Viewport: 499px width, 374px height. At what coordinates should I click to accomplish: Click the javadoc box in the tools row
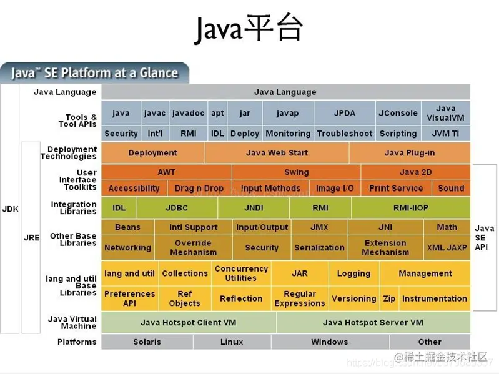188,113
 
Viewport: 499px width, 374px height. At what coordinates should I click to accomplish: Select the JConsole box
398,113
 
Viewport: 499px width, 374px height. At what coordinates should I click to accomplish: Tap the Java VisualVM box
445,113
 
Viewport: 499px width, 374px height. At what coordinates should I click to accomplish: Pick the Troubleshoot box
344,134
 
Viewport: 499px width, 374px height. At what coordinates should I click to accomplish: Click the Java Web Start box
277,153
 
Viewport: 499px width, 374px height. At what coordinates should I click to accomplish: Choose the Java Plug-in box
409,153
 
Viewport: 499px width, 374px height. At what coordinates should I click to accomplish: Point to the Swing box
296,172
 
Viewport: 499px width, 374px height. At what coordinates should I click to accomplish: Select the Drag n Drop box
199,188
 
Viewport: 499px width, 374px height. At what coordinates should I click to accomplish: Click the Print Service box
396,188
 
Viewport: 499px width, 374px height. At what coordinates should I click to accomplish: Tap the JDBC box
177,207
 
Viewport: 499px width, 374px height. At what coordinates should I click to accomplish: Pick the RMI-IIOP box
410,207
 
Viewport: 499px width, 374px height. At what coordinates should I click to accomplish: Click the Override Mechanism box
193,247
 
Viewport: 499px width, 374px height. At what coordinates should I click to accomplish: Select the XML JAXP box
447,247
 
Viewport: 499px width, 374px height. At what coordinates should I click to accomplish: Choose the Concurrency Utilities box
241,273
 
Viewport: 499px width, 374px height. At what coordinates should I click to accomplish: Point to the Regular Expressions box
300,298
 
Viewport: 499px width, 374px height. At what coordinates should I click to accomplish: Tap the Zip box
389,298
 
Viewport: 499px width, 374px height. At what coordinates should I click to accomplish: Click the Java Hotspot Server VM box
373,322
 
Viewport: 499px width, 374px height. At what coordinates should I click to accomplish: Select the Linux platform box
232,342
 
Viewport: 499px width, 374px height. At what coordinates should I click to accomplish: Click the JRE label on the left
31,238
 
